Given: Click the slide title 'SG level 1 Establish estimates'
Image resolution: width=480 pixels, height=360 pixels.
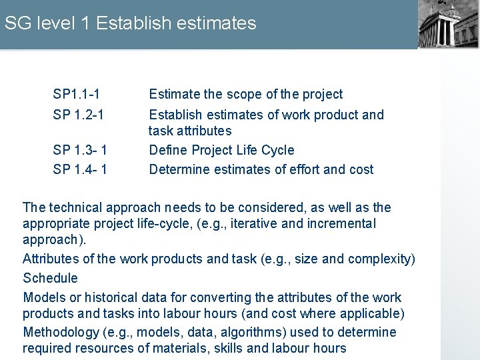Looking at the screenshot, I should (130, 23).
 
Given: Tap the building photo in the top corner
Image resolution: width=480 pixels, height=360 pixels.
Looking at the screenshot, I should (448, 24).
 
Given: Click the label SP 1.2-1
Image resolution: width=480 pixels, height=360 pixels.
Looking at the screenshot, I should (78, 115).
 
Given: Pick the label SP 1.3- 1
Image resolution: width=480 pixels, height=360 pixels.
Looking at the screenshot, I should (80, 150).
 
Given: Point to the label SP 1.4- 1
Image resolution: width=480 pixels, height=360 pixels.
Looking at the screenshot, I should (80, 169).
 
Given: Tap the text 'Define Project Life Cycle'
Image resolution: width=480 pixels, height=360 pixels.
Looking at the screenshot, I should (221, 150).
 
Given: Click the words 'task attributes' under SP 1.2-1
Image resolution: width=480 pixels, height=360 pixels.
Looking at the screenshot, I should (190, 131).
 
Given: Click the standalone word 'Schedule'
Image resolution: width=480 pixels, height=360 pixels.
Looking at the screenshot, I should (50, 278).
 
